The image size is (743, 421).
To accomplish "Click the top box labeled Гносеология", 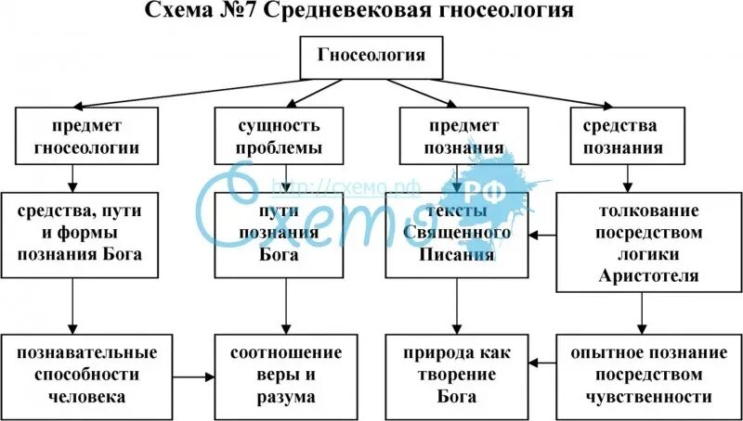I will tap(371, 57).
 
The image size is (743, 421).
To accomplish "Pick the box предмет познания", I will tap(456, 136).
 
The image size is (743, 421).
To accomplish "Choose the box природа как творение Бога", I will tap(456, 375).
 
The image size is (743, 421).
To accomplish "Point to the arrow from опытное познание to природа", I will tap(541, 364).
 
